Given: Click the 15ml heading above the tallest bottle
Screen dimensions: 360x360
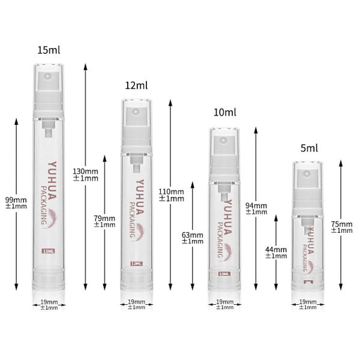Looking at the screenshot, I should click(49, 50).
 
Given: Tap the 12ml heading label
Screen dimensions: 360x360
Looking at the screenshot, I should click(136, 86).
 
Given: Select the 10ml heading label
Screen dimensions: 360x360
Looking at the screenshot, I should click(225, 112).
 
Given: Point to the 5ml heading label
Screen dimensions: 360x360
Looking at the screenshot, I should click(309, 148).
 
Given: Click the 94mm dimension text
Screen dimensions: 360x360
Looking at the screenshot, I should click(256, 208).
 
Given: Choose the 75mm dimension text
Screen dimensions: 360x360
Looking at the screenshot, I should click(341, 227).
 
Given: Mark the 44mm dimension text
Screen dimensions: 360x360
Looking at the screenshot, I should click(276, 252).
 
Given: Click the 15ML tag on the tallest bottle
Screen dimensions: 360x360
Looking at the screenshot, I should click(48, 251).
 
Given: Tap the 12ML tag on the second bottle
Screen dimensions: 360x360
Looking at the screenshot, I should click(137, 263).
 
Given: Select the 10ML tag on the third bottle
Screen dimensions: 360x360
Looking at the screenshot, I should click(224, 274).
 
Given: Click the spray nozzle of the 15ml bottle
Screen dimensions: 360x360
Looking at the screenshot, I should click(49, 79).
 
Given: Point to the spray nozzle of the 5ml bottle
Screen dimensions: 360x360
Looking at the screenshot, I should click(308, 175).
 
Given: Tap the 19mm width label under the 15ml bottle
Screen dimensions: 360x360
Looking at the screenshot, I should click(49, 304).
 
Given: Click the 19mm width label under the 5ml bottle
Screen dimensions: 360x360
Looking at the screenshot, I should click(308, 304).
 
